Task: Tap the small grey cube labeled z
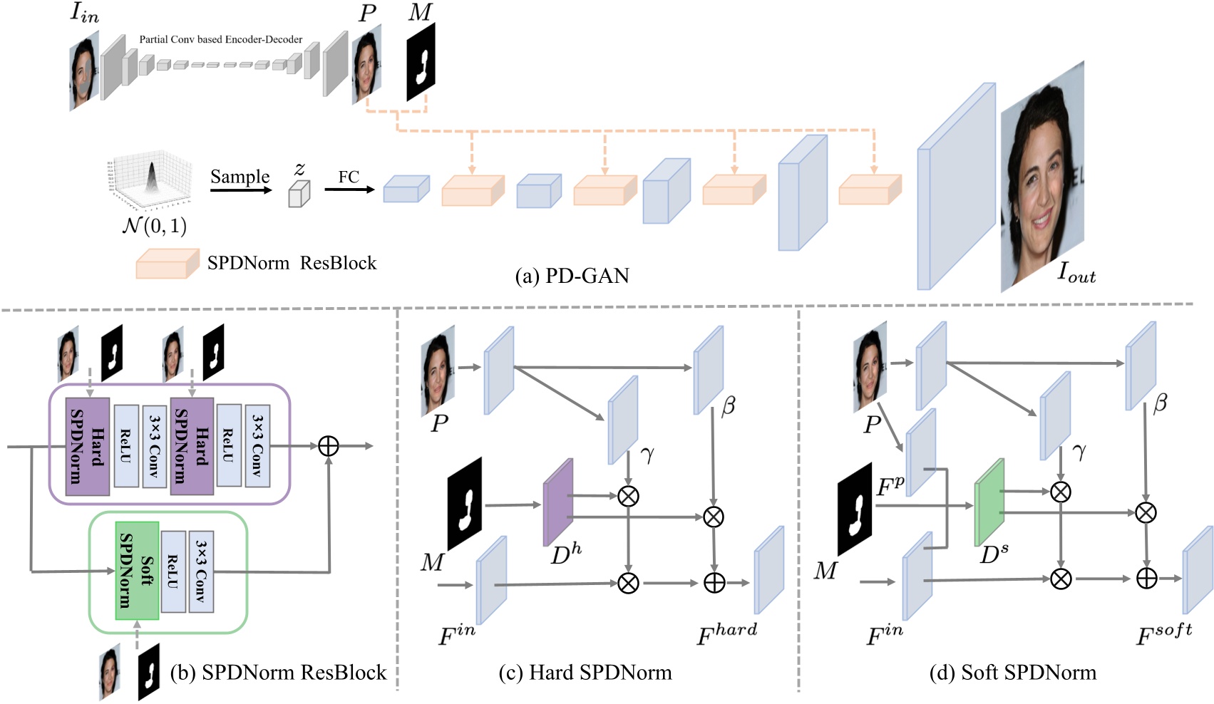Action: (299, 194)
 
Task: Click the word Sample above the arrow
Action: (240, 177)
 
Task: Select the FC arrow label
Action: (349, 177)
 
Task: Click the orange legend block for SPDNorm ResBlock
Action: (168, 264)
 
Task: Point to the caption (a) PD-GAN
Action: (572, 276)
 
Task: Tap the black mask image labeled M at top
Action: (421, 63)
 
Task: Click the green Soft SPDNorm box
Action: (137, 571)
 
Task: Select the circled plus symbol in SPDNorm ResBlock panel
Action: (328, 446)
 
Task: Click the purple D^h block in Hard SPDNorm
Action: (558, 503)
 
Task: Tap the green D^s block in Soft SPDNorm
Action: (989, 502)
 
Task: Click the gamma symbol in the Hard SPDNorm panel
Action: (647, 455)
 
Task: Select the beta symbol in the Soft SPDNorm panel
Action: (1160, 403)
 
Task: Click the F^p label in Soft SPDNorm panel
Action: (890, 487)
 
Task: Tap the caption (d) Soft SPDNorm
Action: (1013, 672)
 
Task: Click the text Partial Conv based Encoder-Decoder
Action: (220, 39)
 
